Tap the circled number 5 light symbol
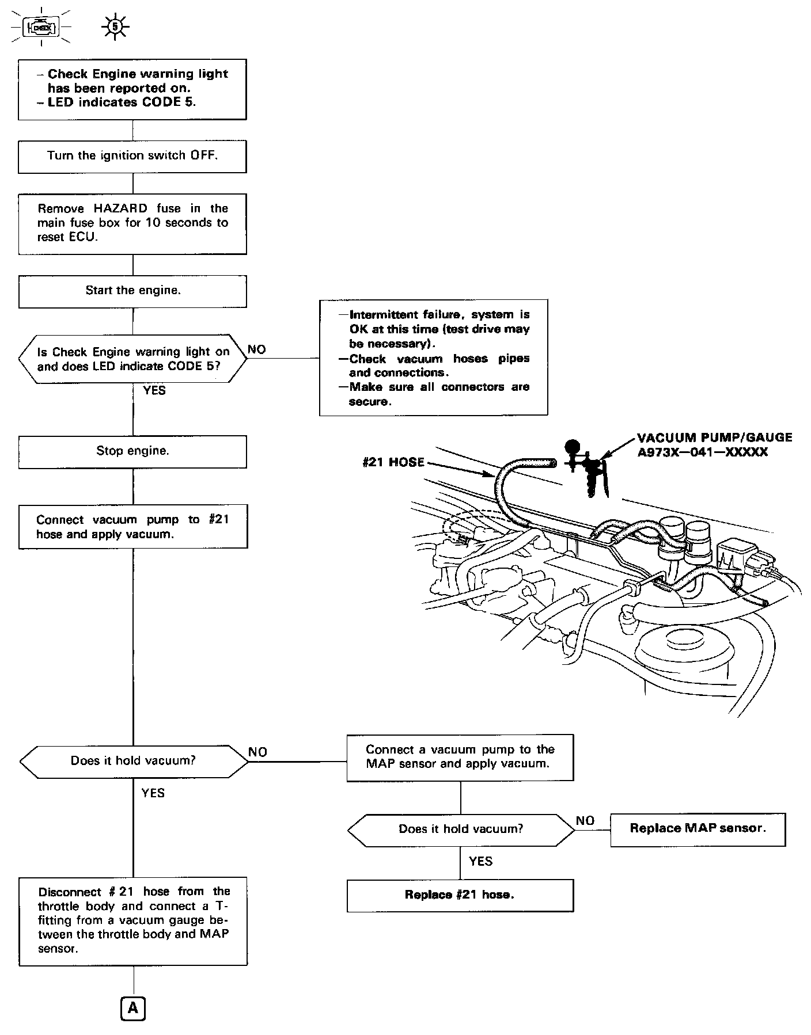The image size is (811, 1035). click(x=115, y=26)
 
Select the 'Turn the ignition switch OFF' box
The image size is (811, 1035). click(x=132, y=155)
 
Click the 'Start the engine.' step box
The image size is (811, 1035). click(x=132, y=291)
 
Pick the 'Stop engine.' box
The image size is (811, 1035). click(x=132, y=451)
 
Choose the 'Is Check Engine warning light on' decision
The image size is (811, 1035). click(x=133, y=359)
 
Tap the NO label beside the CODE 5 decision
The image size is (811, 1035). click(x=257, y=349)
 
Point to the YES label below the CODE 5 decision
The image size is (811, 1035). click(x=154, y=391)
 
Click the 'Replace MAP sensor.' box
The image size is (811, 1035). click(x=698, y=828)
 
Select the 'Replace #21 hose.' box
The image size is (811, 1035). click(x=460, y=895)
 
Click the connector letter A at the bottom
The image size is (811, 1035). click(x=133, y=1008)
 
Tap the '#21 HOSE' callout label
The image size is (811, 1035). click(x=393, y=462)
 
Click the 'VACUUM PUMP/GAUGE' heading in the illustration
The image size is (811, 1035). click(x=714, y=437)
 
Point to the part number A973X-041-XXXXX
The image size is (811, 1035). click(x=702, y=452)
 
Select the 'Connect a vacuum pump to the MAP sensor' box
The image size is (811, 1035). click(x=460, y=757)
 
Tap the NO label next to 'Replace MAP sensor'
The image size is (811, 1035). click(x=585, y=820)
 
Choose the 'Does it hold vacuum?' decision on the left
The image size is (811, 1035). click(x=134, y=761)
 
